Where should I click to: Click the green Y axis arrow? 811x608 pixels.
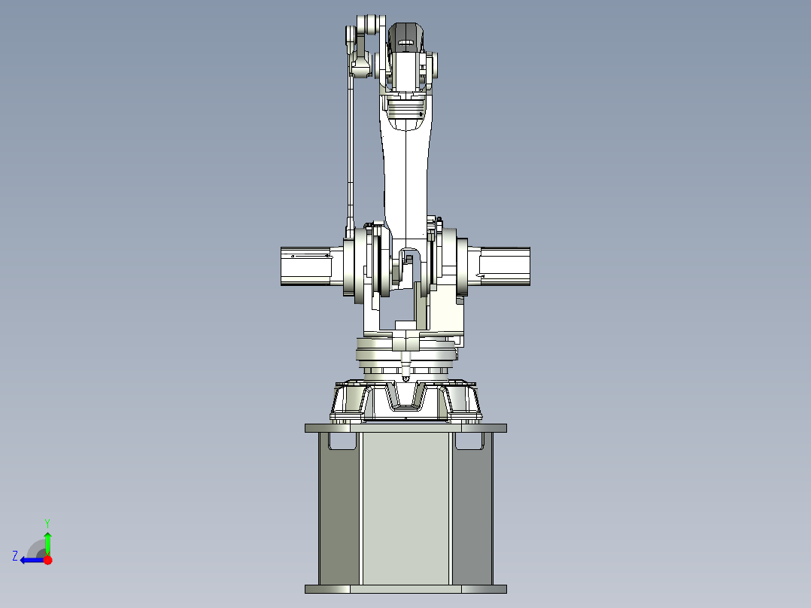pos(47,540)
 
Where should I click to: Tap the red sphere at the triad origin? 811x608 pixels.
pos(48,560)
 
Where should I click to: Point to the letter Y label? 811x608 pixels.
pos(47,521)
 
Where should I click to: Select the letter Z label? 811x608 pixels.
pos(15,556)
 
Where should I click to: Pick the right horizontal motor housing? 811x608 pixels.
pos(505,266)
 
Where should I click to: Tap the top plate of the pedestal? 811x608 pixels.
pos(405,428)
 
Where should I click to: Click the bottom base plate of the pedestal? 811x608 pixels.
pos(405,589)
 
